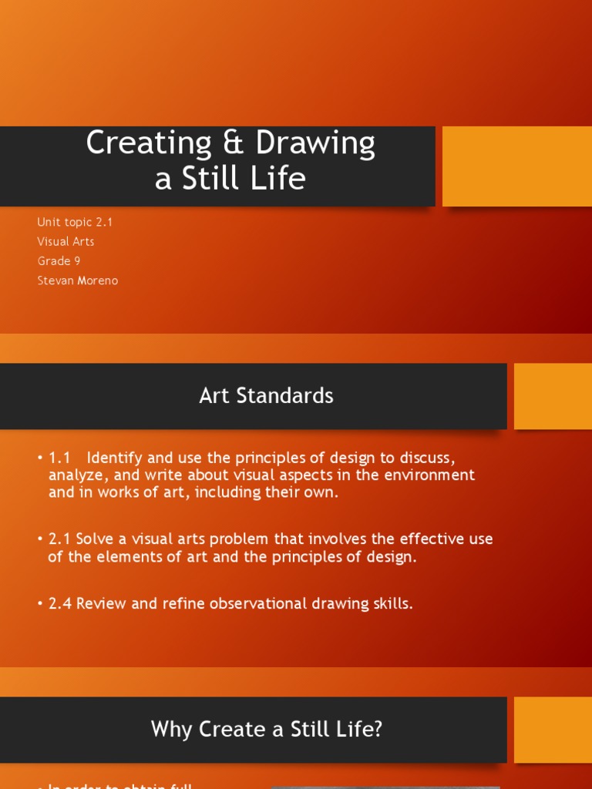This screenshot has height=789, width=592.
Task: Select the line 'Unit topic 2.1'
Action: [75, 222]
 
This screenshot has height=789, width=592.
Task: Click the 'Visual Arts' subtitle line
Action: [66, 241]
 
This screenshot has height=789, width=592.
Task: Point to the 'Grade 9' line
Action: [59, 261]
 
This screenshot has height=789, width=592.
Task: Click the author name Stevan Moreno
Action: [77, 280]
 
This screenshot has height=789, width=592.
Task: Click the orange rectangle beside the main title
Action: [517, 166]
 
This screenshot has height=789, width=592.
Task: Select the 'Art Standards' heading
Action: [266, 396]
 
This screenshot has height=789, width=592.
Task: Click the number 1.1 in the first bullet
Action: [59, 458]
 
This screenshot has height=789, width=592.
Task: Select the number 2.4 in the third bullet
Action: [59, 603]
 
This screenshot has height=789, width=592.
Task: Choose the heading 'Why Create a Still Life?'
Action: [266, 729]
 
